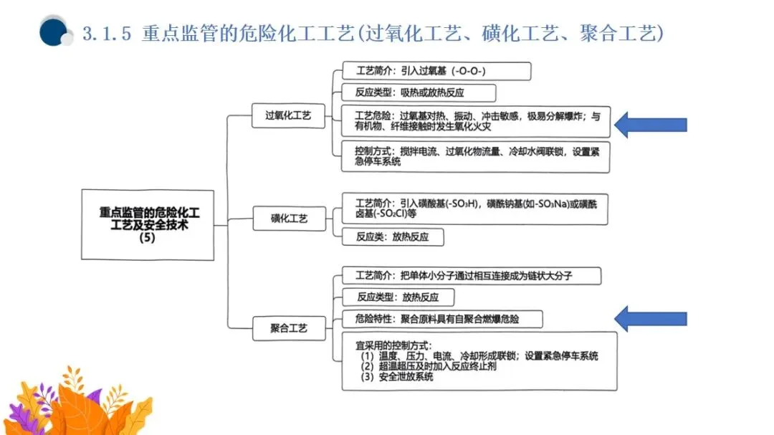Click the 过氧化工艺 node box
tap(288, 115)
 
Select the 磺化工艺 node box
tap(289, 219)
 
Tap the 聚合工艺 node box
tap(289, 328)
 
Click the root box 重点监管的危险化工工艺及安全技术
tap(148, 224)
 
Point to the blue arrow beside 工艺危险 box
tap(650, 125)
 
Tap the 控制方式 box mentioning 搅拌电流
tap(474, 156)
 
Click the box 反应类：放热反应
tap(392, 236)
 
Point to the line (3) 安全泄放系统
tap(397, 376)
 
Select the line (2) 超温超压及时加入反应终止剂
tap(429, 365)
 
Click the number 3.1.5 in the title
tap(107, 33)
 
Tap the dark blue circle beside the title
tap(53, 32)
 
